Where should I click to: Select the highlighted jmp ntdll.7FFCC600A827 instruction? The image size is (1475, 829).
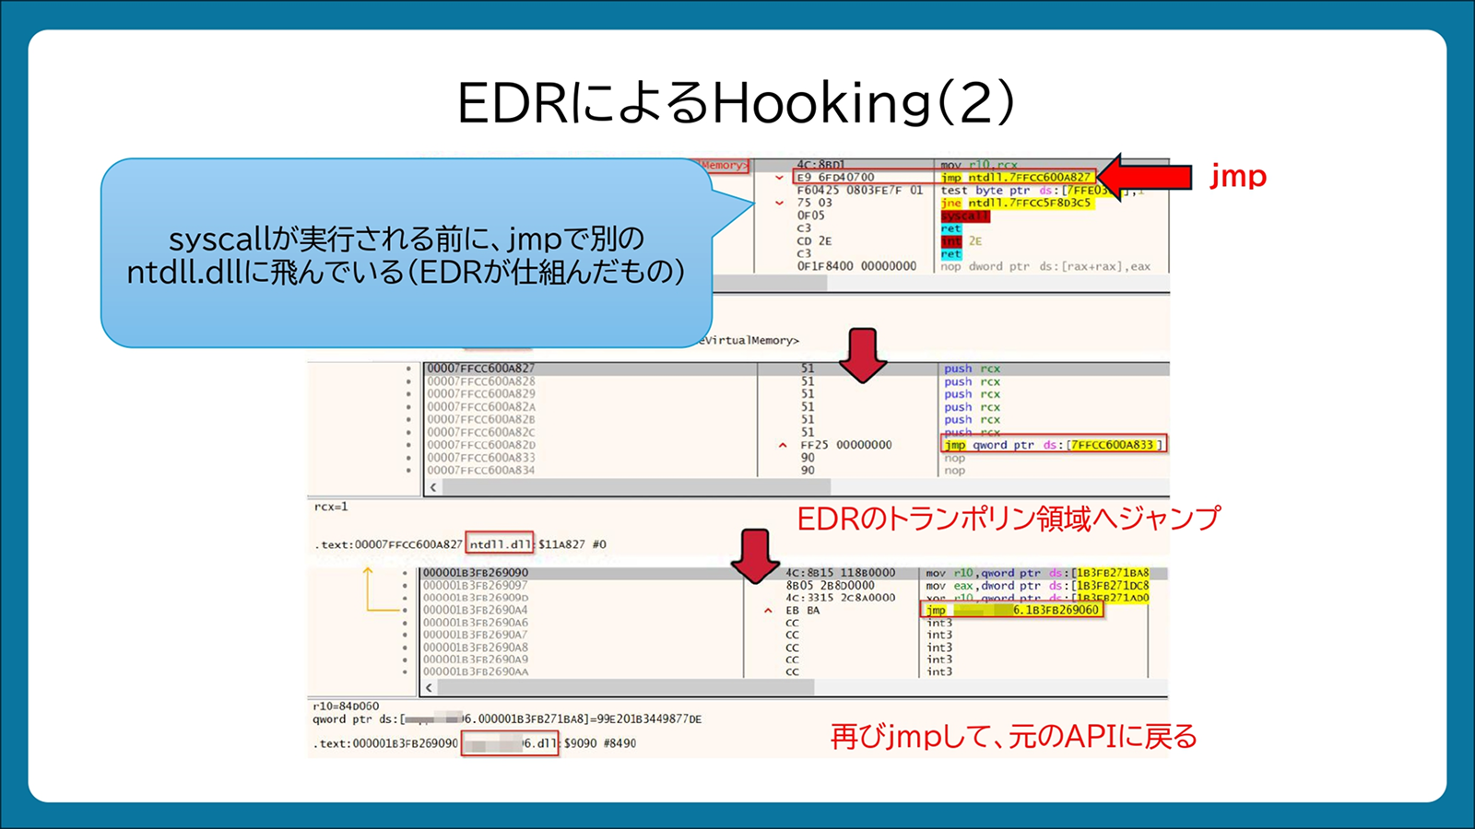tap(1017, 177)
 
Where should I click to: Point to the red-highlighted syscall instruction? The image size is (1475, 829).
tap(964, 216)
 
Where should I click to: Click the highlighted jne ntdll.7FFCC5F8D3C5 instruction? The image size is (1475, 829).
tap(1016, 203)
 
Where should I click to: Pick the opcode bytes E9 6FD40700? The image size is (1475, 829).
tap(835, 177)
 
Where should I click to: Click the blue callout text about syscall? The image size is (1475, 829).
tap(406, 255)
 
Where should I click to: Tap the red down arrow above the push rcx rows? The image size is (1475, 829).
tap(862, 355)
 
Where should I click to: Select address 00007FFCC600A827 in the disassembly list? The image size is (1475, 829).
tap(480, 368)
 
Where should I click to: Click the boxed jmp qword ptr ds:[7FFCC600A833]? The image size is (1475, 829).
tap(1054, 445)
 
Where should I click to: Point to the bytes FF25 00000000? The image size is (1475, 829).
tap(845, 445)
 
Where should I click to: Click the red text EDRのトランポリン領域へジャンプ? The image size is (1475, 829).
tap(1009, 518)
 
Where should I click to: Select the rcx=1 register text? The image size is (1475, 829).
tap(331, 507)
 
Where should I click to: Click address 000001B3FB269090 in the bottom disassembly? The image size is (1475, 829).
tap(476, 573)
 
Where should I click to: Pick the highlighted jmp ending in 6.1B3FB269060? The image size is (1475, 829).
tap(1012, 610)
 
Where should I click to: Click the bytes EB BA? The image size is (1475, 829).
tap(802, 610)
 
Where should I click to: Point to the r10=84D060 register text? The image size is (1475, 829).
tap(346, 706)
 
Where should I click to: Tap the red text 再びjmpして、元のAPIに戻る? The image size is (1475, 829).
tap(1013, 737)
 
